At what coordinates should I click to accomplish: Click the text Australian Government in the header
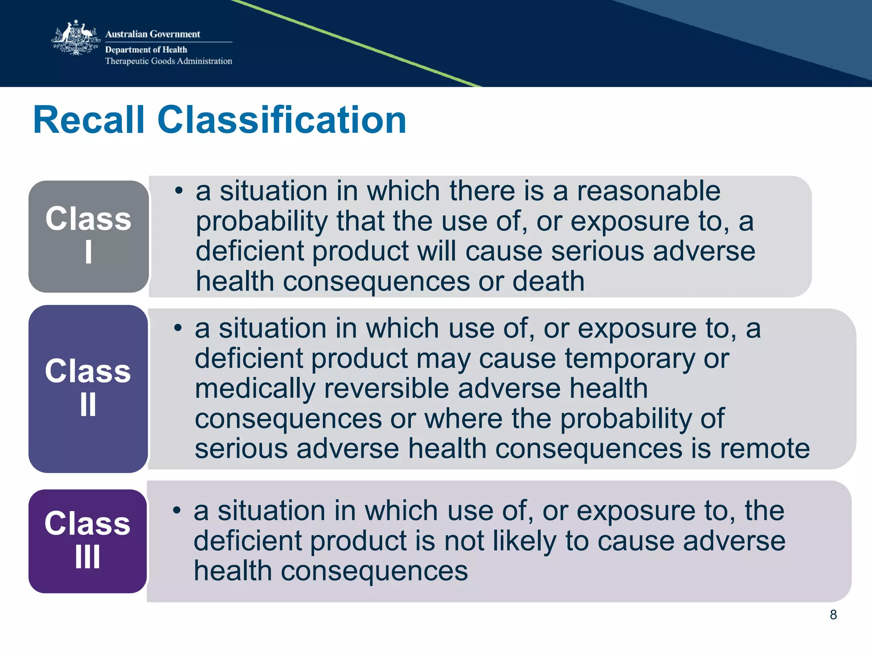152,34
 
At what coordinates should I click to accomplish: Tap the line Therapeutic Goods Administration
169,61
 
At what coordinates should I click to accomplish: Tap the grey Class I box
89,236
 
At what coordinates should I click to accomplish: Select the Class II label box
88,388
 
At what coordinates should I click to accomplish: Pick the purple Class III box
88,541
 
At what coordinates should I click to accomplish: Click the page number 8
833,614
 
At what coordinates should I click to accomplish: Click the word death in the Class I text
548,281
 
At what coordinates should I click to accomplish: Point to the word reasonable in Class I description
648,191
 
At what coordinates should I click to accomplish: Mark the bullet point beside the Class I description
179,190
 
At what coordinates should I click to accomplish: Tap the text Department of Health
146,50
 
